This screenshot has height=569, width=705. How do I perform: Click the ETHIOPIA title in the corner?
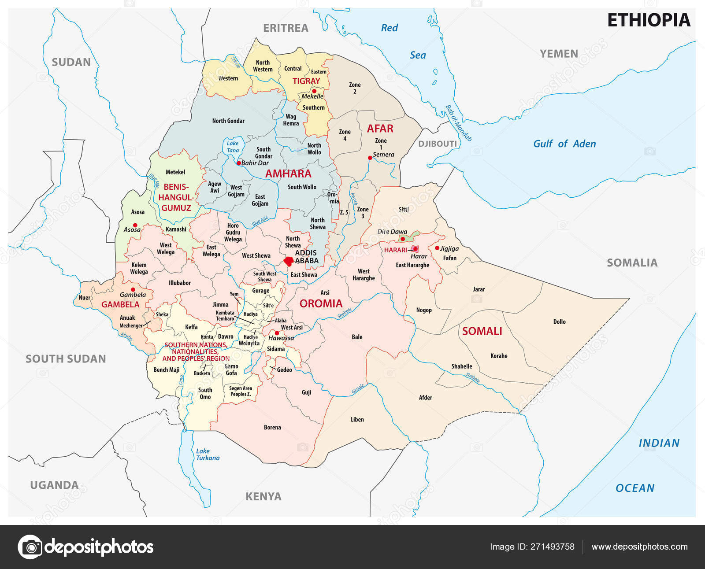click(649, 20)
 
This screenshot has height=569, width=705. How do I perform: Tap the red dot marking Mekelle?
click(314, 91)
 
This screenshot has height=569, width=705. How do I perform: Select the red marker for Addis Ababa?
click(289, 261)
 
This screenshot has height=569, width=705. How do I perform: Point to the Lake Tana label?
click(233, 147)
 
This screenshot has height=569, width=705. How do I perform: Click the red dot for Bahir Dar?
click(239, 163)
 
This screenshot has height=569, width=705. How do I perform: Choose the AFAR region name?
click(380, 129)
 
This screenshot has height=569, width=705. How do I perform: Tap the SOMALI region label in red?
click(482, 331)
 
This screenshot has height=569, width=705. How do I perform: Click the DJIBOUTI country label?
click(438, 144)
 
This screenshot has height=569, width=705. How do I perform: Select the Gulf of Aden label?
click(564, 144)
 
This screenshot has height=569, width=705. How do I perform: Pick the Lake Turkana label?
click(208, 454)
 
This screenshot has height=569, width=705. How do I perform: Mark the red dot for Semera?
click(370, 158)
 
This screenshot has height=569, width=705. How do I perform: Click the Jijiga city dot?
click(437, 248)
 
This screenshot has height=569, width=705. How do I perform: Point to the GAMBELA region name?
click(120, 304)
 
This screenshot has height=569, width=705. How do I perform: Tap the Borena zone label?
click(272, 427)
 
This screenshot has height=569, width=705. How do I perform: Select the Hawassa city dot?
click(277, 333)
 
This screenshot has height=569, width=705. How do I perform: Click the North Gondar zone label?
click(228, 121)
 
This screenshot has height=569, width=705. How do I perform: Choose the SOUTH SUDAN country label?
click(66, 359)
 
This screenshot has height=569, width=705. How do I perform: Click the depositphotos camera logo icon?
click(30, 547)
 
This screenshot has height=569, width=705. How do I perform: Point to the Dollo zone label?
click(559, 322)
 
